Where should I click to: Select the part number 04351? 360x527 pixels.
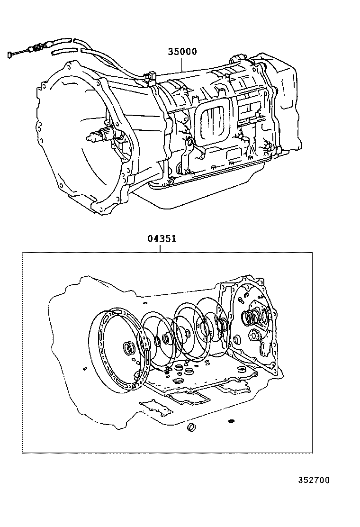[162, 239]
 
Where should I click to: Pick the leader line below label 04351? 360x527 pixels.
[161, 247]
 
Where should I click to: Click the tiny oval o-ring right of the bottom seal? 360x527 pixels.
[231, 421]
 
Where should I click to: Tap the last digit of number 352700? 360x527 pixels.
[326, 480]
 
